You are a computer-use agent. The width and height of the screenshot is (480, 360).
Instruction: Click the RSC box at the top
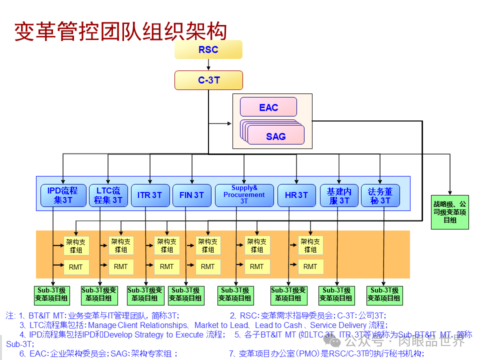pyautogui.click(x=208, y=49)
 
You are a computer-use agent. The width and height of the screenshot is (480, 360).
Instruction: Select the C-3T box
pyautogui.click(x=208, y=80)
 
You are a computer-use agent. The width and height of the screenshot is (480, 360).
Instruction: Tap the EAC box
pyautogui.click(x=268, y=107)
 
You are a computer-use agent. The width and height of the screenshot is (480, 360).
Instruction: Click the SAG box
pyautogui.click(x=276, y=136)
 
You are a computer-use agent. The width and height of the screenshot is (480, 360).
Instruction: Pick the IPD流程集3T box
pyautogui.click(x=62, y=195)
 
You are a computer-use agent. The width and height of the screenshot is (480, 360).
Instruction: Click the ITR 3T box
pyautogui.click(x=149, y=195)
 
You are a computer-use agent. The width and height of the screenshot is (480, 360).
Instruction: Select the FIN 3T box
pyautogui.click(x=191, y=195)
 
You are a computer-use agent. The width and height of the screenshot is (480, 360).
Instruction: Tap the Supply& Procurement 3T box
pyautogui.click(x=244, y=195)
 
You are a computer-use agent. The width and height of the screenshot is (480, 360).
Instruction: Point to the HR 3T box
pyautogui.click(x=296, y=195)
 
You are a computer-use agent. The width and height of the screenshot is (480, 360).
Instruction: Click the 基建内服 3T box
pyautogui.click(x=339, y=195)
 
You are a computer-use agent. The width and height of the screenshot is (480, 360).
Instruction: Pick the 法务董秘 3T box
pyautogui.click(x=380, y=195)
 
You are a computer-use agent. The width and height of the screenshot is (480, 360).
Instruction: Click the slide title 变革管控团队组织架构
pyautogui.click(x=120, y=31)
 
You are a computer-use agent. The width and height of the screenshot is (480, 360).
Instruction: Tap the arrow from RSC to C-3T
pyautogui.click(x=208, y=65)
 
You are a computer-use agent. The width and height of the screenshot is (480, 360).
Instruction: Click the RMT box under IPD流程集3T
pyautogui.click(x=76, y=267)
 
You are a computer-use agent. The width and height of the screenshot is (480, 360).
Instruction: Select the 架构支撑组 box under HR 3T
pyautogui.click(x=310, y=245)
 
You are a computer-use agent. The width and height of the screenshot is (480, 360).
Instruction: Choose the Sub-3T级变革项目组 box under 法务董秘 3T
pyautogui.click(x=384, y=294)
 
